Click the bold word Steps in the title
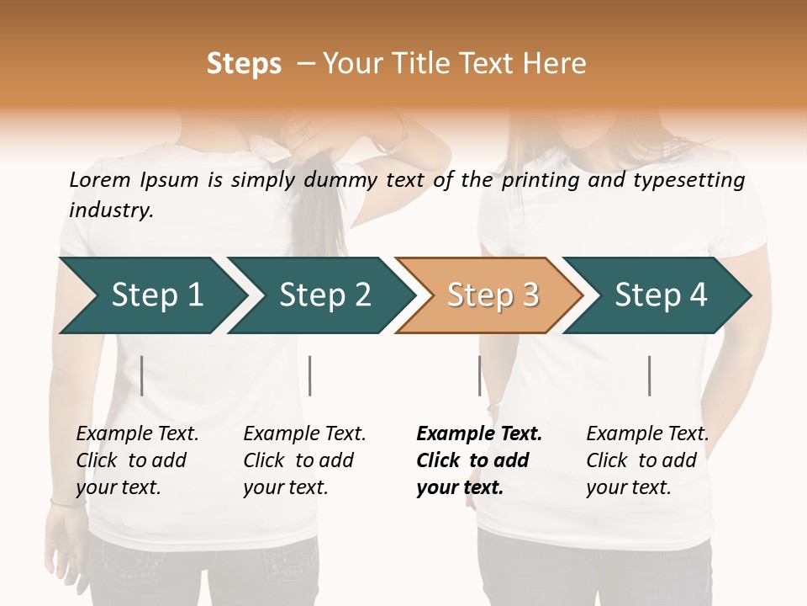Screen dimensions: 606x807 tap(244, 64)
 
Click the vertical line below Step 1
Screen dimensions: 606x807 tap(142, 375)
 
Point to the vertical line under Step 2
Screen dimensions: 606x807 tap(310, 375)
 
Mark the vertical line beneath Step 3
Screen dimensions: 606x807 tap(479, 375)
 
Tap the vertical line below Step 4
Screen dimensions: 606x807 tap(649, 375)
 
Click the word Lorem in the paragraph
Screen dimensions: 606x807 tap(100, 180)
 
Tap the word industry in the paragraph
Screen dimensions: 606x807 tap(111, 210)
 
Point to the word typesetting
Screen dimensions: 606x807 tap(689, 180)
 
